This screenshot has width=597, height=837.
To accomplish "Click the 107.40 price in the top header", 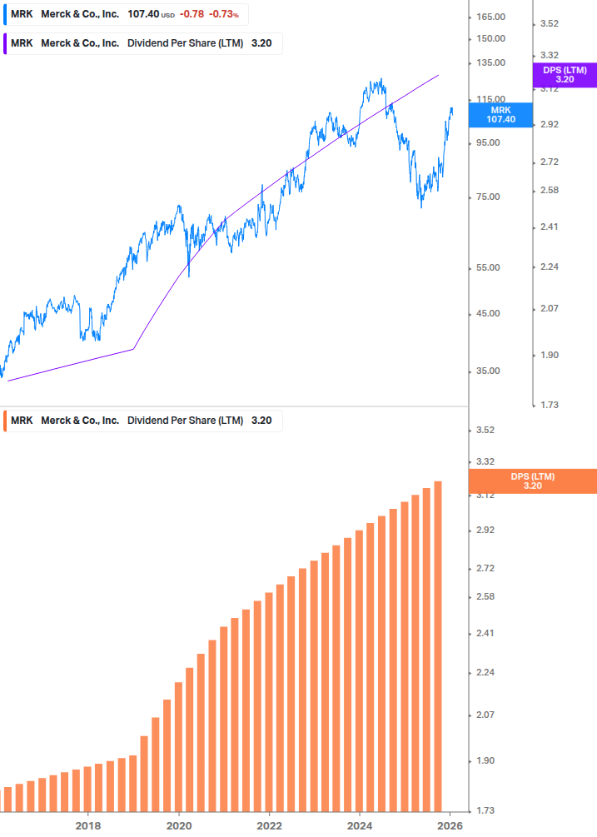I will tap(143, 14).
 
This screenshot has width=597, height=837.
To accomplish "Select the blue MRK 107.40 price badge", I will tap(500, 115).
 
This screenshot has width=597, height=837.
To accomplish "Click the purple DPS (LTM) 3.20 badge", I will tap(564, 75).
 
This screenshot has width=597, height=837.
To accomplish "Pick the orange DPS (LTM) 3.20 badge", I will tap(532, 481).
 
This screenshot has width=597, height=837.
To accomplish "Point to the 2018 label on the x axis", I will tap(88, 825).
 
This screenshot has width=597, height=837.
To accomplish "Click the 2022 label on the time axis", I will tap(269, 825).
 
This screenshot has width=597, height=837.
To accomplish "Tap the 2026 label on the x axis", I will tap(450, 825).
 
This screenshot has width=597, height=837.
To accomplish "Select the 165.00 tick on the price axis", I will tap(490, 17).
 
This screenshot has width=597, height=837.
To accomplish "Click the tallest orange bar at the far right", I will tap(437, 645).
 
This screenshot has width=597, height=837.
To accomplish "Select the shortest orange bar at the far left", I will tap(7, 798).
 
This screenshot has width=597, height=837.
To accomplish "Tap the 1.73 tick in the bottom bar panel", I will tap(485, 810).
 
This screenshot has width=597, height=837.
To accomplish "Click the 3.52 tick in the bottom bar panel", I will tap(485, 431).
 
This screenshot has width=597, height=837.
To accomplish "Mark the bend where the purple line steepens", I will tap(133, 349).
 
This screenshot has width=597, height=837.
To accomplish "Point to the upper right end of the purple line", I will tap(438, 75).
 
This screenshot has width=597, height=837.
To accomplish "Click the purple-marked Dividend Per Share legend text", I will tap(185, 43).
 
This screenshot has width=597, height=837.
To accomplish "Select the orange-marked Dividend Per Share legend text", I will tap(185, 421).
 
